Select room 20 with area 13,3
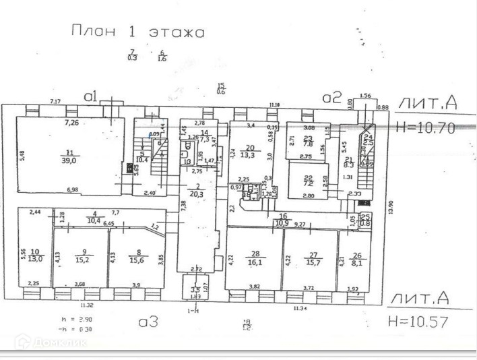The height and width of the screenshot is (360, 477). point(249,151)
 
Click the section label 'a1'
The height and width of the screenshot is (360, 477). point(92,96)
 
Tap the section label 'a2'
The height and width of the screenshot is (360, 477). point(331,97)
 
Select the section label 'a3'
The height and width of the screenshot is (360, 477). point(148,322)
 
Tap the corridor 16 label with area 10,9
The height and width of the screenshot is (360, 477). point(284,219)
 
